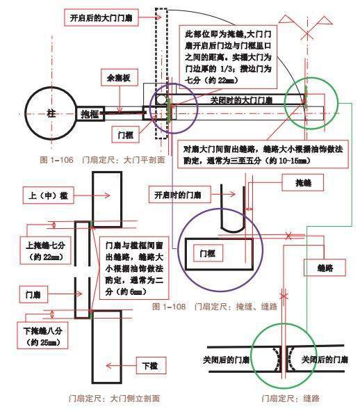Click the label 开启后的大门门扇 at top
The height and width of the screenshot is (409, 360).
109,14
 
